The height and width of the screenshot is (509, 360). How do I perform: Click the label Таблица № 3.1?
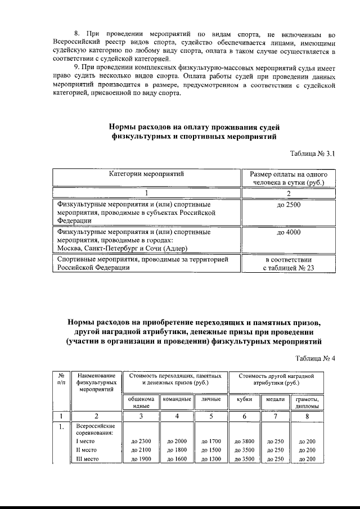312,154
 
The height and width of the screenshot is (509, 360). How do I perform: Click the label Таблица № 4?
315,358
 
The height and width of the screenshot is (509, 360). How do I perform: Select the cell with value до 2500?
289,205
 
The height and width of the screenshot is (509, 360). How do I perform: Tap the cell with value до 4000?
289,231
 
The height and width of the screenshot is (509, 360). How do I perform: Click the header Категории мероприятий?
146,174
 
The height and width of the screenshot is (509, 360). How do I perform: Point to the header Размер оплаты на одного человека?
289,178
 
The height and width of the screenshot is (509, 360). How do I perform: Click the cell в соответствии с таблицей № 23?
289,264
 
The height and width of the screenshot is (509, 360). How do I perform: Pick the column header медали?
276,399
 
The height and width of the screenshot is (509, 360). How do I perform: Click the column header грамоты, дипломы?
307,402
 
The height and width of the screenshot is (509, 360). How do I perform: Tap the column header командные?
177,399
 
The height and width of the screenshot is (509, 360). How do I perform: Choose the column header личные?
210,399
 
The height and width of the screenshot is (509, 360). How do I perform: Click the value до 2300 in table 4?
141,442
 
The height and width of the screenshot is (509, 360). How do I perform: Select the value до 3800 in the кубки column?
244,442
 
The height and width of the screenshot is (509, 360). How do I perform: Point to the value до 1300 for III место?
211,460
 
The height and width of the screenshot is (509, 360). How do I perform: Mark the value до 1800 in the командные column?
177,451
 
